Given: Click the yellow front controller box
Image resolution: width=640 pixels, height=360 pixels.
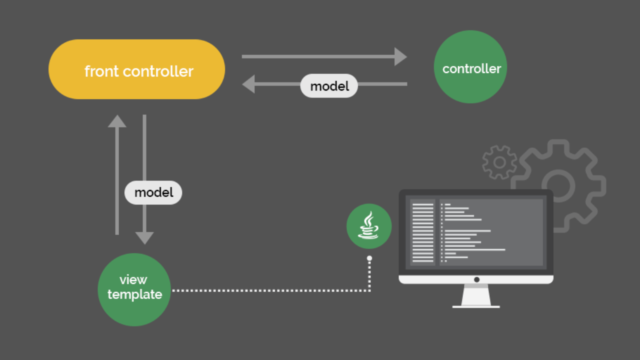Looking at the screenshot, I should [x=136, y=69].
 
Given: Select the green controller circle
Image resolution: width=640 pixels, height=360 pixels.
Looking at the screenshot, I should [x=470, y=67].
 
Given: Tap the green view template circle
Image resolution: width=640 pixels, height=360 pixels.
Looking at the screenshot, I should [x=134, y=289].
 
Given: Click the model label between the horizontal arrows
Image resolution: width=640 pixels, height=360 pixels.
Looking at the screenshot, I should [x=329, y=86].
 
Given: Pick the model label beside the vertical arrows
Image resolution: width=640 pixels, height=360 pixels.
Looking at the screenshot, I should [x=153, y=192].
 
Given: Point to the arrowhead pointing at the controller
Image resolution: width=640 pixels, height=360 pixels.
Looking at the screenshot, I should [x=400, y=56].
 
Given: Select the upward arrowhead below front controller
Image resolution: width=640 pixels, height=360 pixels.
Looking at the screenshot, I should [x=117, y=121].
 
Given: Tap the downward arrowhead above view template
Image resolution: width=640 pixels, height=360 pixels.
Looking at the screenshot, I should [x=144, y=238].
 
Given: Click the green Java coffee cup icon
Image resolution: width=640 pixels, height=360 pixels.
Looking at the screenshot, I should [x=369, y=226].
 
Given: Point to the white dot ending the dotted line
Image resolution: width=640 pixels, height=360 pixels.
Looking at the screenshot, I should [x=369, y=258].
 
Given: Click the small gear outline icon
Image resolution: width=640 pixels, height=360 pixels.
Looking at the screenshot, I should [x=499, y=162].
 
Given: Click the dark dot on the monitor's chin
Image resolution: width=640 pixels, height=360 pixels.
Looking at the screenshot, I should [x=476, y=279].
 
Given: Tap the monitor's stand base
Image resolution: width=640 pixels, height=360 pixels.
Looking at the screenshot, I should [x=476, y=306].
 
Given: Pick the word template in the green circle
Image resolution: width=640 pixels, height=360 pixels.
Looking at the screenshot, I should [x=134, y=294].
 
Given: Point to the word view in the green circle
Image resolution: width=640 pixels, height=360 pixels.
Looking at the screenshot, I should [x=133, y=279].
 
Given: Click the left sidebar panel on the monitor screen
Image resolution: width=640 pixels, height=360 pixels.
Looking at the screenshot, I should [x=422, y=232].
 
